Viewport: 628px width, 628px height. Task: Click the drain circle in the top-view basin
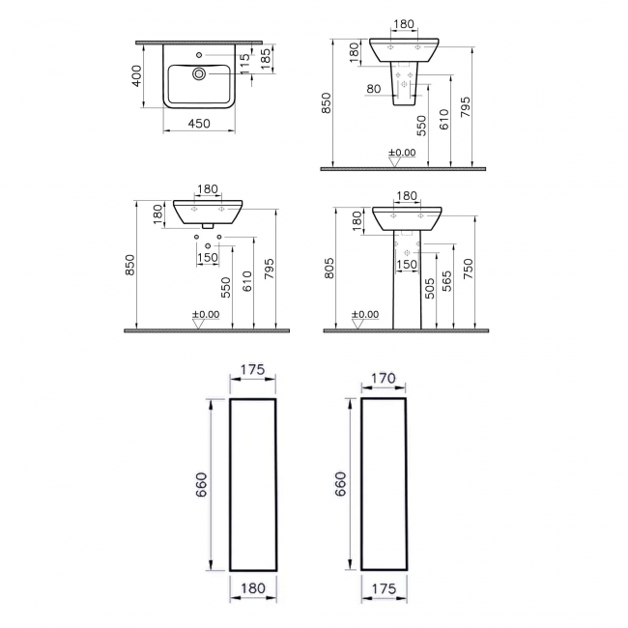click(x=199, y=73)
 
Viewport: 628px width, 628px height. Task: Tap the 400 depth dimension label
click(x=138, y=75)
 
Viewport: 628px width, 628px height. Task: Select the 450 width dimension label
click(x=198, y=124)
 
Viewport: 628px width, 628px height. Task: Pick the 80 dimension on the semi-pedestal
click(x=374, y=90)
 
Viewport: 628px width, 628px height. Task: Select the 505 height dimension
click(x=430, y=289)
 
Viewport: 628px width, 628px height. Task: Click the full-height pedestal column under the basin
click(x=407, y=280)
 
